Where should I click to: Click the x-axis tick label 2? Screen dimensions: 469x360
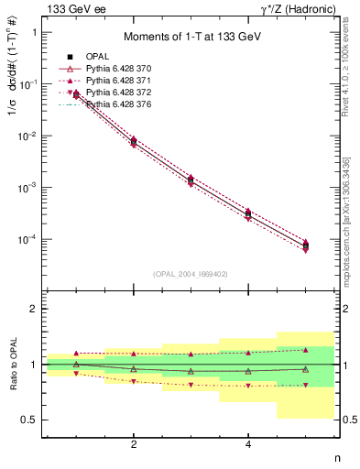(x=134, y=445)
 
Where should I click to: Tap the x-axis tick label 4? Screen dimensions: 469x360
(x=248, y=445)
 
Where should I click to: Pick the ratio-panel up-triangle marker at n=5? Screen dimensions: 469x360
(x=306, y=349)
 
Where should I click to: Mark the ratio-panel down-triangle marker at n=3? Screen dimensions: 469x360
(x=191, y=385)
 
